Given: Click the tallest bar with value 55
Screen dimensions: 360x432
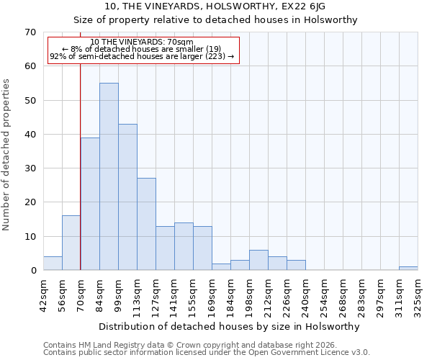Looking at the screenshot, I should tap(109, 176).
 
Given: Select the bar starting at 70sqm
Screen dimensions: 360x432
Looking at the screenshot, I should tap(90, 204).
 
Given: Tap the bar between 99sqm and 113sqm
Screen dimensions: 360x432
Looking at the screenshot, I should tap(127, 197).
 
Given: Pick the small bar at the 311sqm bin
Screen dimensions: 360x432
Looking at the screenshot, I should tap(408, 269).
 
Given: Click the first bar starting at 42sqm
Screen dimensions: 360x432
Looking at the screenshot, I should tap(53, 264).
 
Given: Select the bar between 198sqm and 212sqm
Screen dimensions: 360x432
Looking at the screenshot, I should tap(258, 261).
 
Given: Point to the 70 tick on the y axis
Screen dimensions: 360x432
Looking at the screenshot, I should tap(30, 32).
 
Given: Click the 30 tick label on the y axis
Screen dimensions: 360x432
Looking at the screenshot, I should tap(30, 168).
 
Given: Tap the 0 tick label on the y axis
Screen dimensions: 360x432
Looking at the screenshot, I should tap(33, 271).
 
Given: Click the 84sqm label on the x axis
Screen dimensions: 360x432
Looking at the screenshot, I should tap(99, 295).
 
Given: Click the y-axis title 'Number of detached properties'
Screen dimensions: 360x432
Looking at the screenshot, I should tap(6, 155).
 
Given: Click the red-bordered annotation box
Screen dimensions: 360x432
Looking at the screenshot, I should tap(143, 50).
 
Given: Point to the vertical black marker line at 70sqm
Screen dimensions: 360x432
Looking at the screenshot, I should tap(80, 166).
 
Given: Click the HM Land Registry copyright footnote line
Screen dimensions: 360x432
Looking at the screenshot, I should tap(190, 345).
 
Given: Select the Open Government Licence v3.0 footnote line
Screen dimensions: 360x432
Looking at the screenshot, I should tap(207, 353).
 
